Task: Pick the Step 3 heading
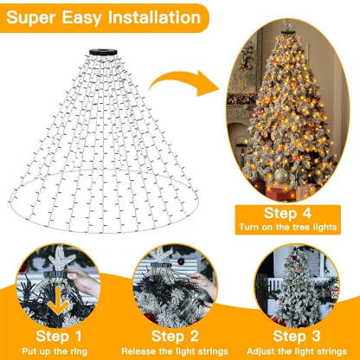point(296,335)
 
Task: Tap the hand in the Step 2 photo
point(201,286)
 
